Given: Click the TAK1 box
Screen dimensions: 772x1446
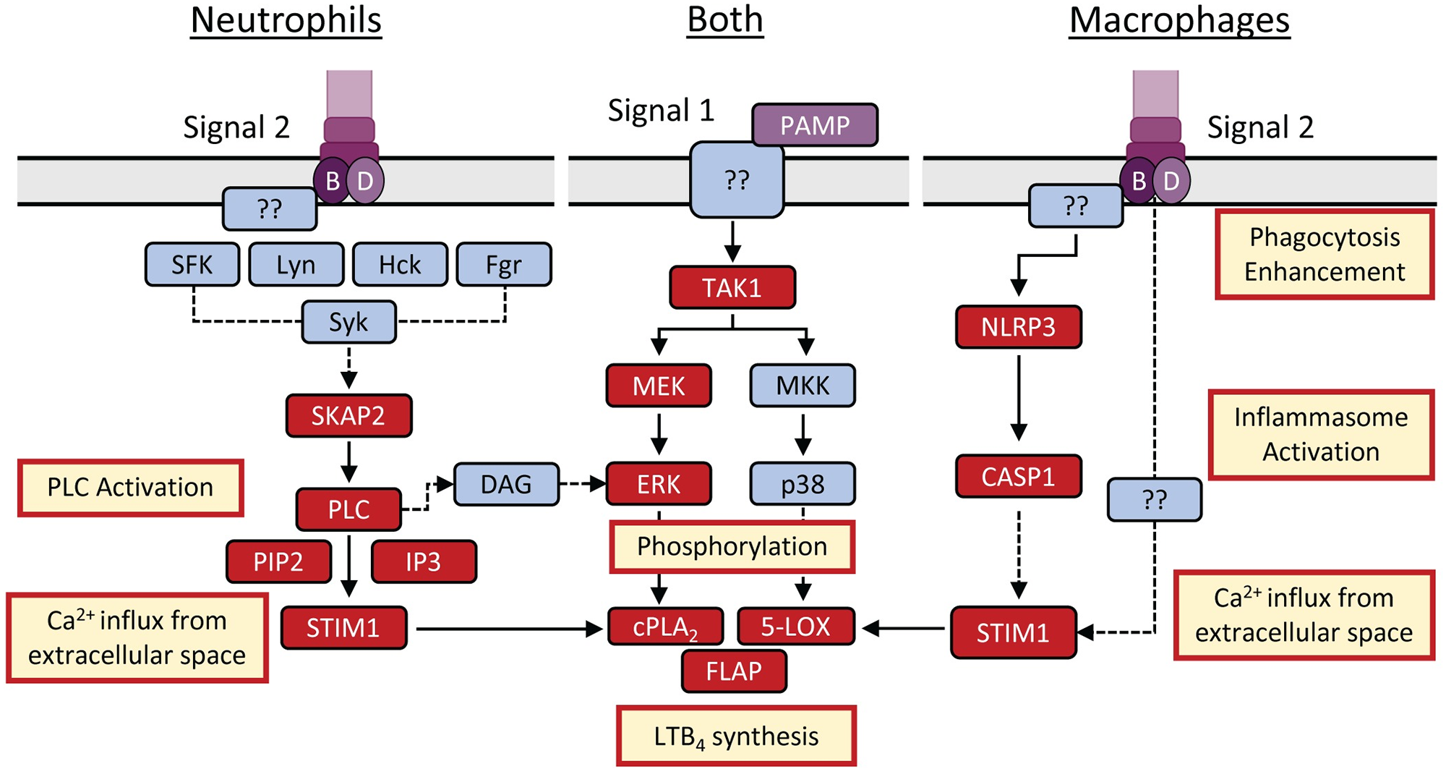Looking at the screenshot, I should click(x=732, y=288).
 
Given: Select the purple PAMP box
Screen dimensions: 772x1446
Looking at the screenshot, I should click(x=815, y=125).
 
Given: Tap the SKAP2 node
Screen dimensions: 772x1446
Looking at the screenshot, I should click(x=348, y=416).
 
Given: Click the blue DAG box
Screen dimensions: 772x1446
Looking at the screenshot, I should click(x=506, y=484).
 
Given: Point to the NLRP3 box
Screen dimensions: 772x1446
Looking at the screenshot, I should click(x=1018, y=327).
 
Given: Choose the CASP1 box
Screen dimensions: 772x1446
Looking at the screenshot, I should click(x=1018, y=476).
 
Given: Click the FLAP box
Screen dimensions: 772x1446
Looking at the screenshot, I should click(x=734, y=671).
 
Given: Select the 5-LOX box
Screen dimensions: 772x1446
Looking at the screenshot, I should click(x=795, y=627).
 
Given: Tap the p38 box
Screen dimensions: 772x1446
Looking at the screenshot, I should click(x=803, y=484).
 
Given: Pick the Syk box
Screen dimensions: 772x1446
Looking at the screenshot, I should click(x=348, y=322).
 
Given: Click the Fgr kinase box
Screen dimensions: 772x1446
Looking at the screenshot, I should click(x=504, y=265).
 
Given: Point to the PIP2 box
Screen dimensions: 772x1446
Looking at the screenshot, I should click(x=278, y=562).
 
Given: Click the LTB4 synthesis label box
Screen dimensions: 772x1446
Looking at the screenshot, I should click(x=736, y=737).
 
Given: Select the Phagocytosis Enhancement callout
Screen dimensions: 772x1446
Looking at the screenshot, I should click(x=1325, y=255).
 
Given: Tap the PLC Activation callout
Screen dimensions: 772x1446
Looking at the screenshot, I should click(x=130, y=488).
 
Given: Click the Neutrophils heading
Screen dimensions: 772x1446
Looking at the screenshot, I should click(x=286, y=20).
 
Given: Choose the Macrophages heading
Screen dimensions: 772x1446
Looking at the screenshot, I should click(x=1179, y=20).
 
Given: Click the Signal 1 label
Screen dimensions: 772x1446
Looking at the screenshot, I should click(x=661, y=111).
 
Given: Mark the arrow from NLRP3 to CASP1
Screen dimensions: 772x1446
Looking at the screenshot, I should click(x=1019, y=398).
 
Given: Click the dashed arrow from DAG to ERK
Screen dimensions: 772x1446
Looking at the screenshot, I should click(x=583, y=483).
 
